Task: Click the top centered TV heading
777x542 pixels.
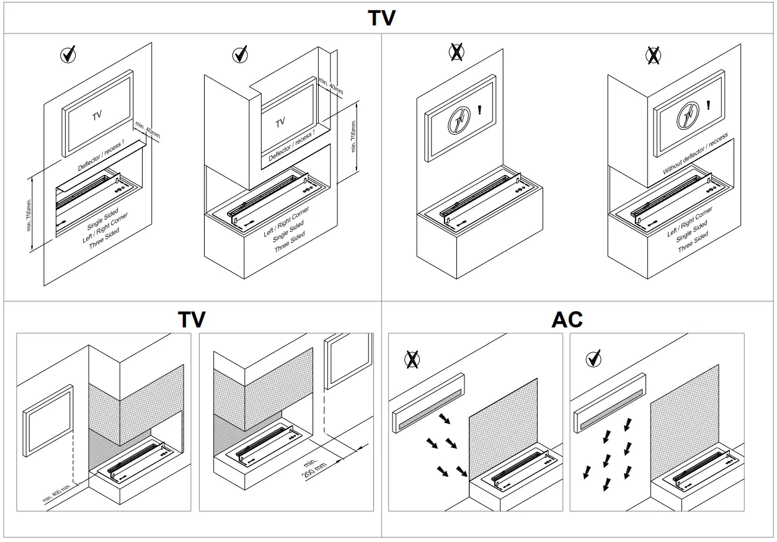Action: (381, 17)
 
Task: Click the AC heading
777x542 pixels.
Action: (567, 319)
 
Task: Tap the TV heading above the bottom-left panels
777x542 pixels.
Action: (192, 319)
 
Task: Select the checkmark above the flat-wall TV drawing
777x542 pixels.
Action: (68, 55)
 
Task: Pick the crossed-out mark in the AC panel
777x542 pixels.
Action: (411, 358)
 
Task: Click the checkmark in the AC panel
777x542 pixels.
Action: (594, 358)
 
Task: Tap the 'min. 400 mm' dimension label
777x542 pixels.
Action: (57, 497)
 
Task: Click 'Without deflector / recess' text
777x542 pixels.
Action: (695, 154)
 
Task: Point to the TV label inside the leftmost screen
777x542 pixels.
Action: (97, 115)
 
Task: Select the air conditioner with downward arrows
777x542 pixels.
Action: (610, 402)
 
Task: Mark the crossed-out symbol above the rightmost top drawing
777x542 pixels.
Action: (653, 56)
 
